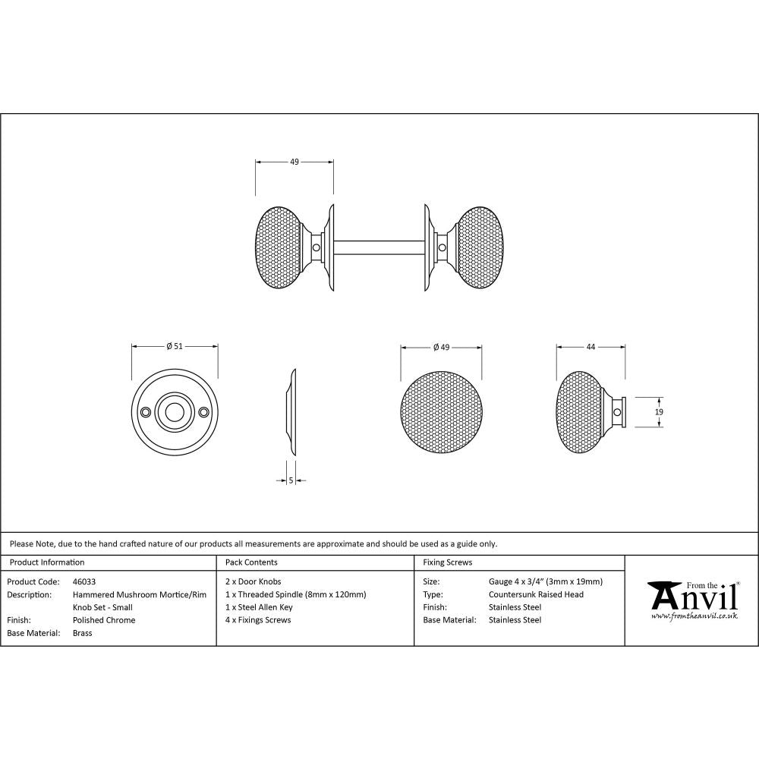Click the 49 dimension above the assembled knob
294,162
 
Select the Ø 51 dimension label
175,346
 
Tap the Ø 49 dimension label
441,347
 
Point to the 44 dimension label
591,346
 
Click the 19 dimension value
659,411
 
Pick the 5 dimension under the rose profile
291,480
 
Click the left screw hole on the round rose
146,411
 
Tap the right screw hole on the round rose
203,411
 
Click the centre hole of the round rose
175,411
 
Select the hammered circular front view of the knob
441,413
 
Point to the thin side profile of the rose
291,414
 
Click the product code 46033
83,581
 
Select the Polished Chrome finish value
104,620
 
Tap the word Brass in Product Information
82,633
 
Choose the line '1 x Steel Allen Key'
259,607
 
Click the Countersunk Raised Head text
536,594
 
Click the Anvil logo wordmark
692,597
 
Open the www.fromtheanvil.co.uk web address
694,617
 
